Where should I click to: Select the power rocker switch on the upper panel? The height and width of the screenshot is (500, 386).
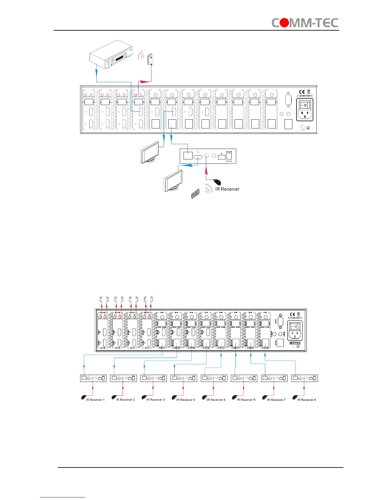pos(305,105)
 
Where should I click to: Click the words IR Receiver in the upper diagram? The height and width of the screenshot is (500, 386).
pos(227,189)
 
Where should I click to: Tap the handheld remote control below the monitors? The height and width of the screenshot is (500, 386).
pos(195,194)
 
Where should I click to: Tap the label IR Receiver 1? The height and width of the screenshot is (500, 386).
pos(95,400)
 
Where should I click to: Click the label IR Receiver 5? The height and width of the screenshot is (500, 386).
pos(216,400)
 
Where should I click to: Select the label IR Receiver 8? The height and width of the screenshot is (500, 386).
pos(307,400)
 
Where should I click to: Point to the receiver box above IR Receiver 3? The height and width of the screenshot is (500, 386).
pos(154,378)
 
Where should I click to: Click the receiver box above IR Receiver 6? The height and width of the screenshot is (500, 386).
pos(244,378)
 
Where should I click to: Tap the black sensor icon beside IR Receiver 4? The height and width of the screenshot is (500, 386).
pos(174,397)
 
